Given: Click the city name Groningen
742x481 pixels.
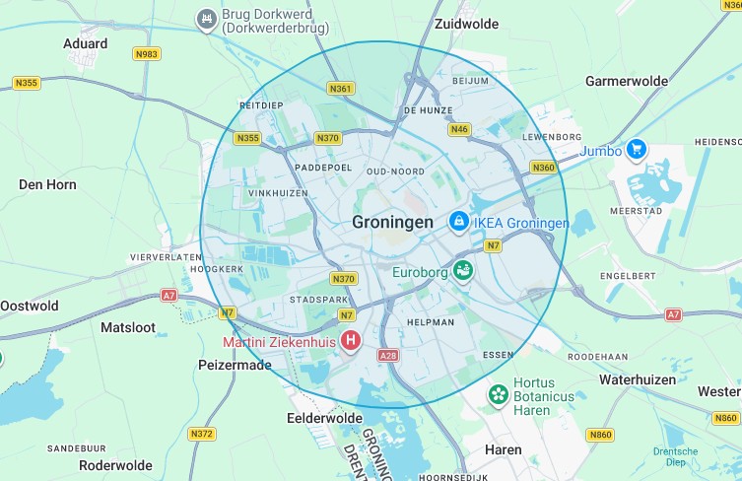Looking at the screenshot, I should point(392,223).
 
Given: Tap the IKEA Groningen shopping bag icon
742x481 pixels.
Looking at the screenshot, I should point(458,223).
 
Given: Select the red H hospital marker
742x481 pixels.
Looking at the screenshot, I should point(350,341).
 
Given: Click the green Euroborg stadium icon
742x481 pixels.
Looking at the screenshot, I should point(463,269).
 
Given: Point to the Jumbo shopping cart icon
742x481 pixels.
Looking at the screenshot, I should point(637,150).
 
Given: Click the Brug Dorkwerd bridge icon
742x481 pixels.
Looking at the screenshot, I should point(207,18).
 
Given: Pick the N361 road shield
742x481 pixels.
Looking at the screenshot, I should point(341,89).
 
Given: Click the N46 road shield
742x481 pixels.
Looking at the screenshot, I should point(458,129).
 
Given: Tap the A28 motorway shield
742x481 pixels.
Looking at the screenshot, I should point(387,355).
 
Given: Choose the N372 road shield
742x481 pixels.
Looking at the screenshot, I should point(201,434).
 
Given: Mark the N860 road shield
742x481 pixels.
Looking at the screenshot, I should point(599,435).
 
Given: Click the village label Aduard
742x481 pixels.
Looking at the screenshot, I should point(85,43).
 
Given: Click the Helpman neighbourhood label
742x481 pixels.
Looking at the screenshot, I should point(430,322).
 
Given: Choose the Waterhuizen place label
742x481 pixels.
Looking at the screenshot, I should point(638,379).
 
